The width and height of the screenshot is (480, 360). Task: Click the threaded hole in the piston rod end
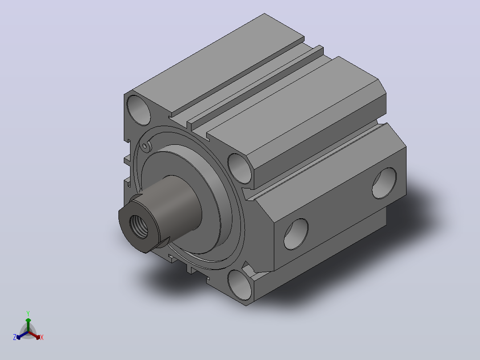pos(138,227)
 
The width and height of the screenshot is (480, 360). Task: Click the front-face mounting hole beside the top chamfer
pos(240,169)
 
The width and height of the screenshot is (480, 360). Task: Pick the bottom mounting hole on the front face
pos(240,285)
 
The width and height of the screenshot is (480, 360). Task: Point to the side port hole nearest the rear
pos(384,183)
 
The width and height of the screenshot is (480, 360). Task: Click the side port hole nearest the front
pos(296,234)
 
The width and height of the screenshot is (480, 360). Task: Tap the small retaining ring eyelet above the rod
pos(145,146)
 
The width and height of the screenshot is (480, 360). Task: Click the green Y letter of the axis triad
pos(28,314)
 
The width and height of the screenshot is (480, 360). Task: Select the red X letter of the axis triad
pos(42,337)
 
